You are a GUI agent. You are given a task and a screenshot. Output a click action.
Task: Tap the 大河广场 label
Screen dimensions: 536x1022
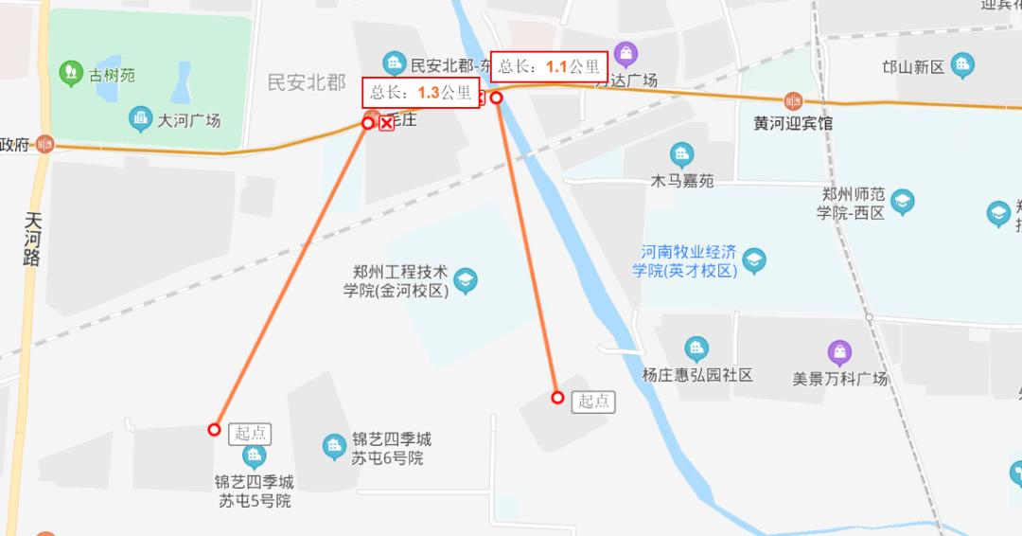click(188, 120)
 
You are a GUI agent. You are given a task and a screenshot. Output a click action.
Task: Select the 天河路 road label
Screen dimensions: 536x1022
click(34, 239)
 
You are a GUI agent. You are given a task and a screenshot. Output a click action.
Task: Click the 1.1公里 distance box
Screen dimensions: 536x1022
click(549, 65)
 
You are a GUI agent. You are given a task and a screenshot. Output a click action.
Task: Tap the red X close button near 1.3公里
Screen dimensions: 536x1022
click(386, 123)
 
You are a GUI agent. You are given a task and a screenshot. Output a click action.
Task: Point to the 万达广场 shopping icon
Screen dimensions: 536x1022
click(625, 53)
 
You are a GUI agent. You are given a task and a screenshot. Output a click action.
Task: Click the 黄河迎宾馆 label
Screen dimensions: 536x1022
click(793, 123)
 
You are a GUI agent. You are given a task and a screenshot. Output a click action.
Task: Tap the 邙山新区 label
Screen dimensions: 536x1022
click(913, 66)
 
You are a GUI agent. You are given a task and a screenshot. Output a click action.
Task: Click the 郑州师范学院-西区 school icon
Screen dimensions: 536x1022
click(903, 202)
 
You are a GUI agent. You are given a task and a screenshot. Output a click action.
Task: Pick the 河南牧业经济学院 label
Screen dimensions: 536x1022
click(688, 261)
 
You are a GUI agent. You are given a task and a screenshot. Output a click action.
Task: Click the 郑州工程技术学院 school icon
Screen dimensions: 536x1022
click(465, 280)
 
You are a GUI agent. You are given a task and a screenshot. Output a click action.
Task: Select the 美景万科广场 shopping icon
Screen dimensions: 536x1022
click(839, 353)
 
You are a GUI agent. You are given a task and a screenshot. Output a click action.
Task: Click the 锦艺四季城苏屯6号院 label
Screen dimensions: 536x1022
click(391, 449)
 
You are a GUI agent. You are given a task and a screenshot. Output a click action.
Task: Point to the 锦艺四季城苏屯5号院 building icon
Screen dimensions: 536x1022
click(254, 456)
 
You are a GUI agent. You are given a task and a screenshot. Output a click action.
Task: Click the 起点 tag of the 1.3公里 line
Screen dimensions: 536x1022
click(251, 433)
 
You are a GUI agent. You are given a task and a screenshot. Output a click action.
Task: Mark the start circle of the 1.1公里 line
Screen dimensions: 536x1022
click(558, 398)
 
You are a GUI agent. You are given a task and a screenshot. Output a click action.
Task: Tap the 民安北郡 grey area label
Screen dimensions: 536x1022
click(307, 82)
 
